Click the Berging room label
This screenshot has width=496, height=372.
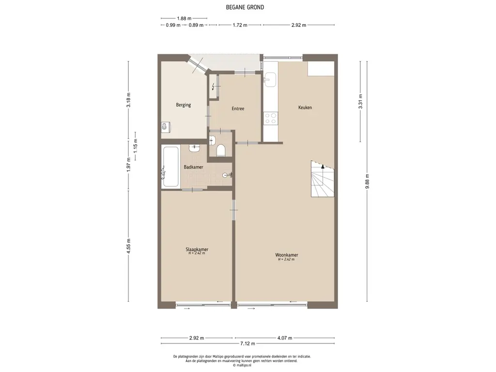[184, 105]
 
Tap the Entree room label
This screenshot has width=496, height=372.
[238, 108]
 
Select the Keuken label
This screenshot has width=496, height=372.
[305, 107]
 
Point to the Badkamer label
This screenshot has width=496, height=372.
[193, 167]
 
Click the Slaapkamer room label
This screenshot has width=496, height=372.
[197, 249]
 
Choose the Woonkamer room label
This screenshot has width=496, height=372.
[287, 255]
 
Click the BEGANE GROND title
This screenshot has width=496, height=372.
[245, 7]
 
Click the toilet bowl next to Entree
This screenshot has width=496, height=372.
[221, 150]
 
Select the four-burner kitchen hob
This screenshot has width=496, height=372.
[271, 118]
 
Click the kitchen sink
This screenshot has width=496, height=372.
[270, 79]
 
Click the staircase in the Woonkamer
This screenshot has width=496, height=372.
[323, 179]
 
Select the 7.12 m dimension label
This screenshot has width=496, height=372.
[247, 343]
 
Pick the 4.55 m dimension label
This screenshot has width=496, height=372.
[128, 246]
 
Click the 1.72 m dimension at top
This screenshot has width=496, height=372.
[240, 25]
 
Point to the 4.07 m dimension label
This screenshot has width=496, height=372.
[285, 338]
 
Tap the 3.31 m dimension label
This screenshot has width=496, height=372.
[360, 102]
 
